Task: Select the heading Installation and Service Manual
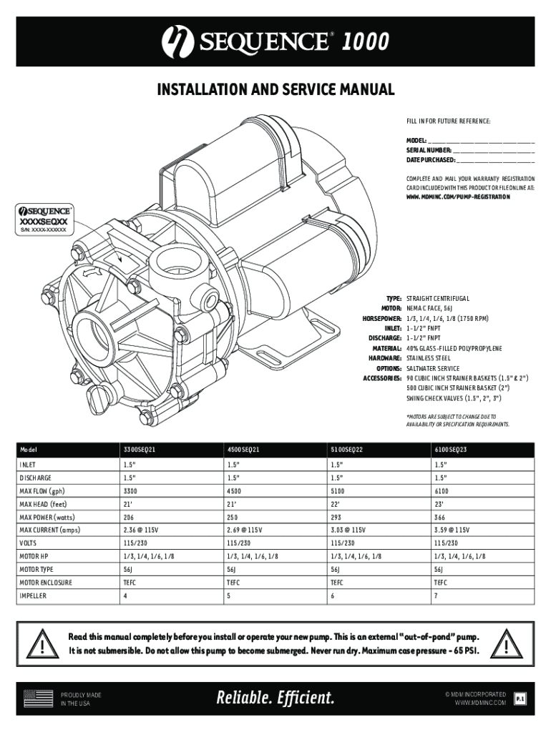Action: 275,91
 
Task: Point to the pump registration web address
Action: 458,196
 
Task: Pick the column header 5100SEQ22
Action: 346,450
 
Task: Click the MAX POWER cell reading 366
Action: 440,518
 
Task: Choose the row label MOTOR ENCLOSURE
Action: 46,583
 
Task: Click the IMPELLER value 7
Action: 435,596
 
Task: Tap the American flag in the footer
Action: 39,698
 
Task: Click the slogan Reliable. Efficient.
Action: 275,698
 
